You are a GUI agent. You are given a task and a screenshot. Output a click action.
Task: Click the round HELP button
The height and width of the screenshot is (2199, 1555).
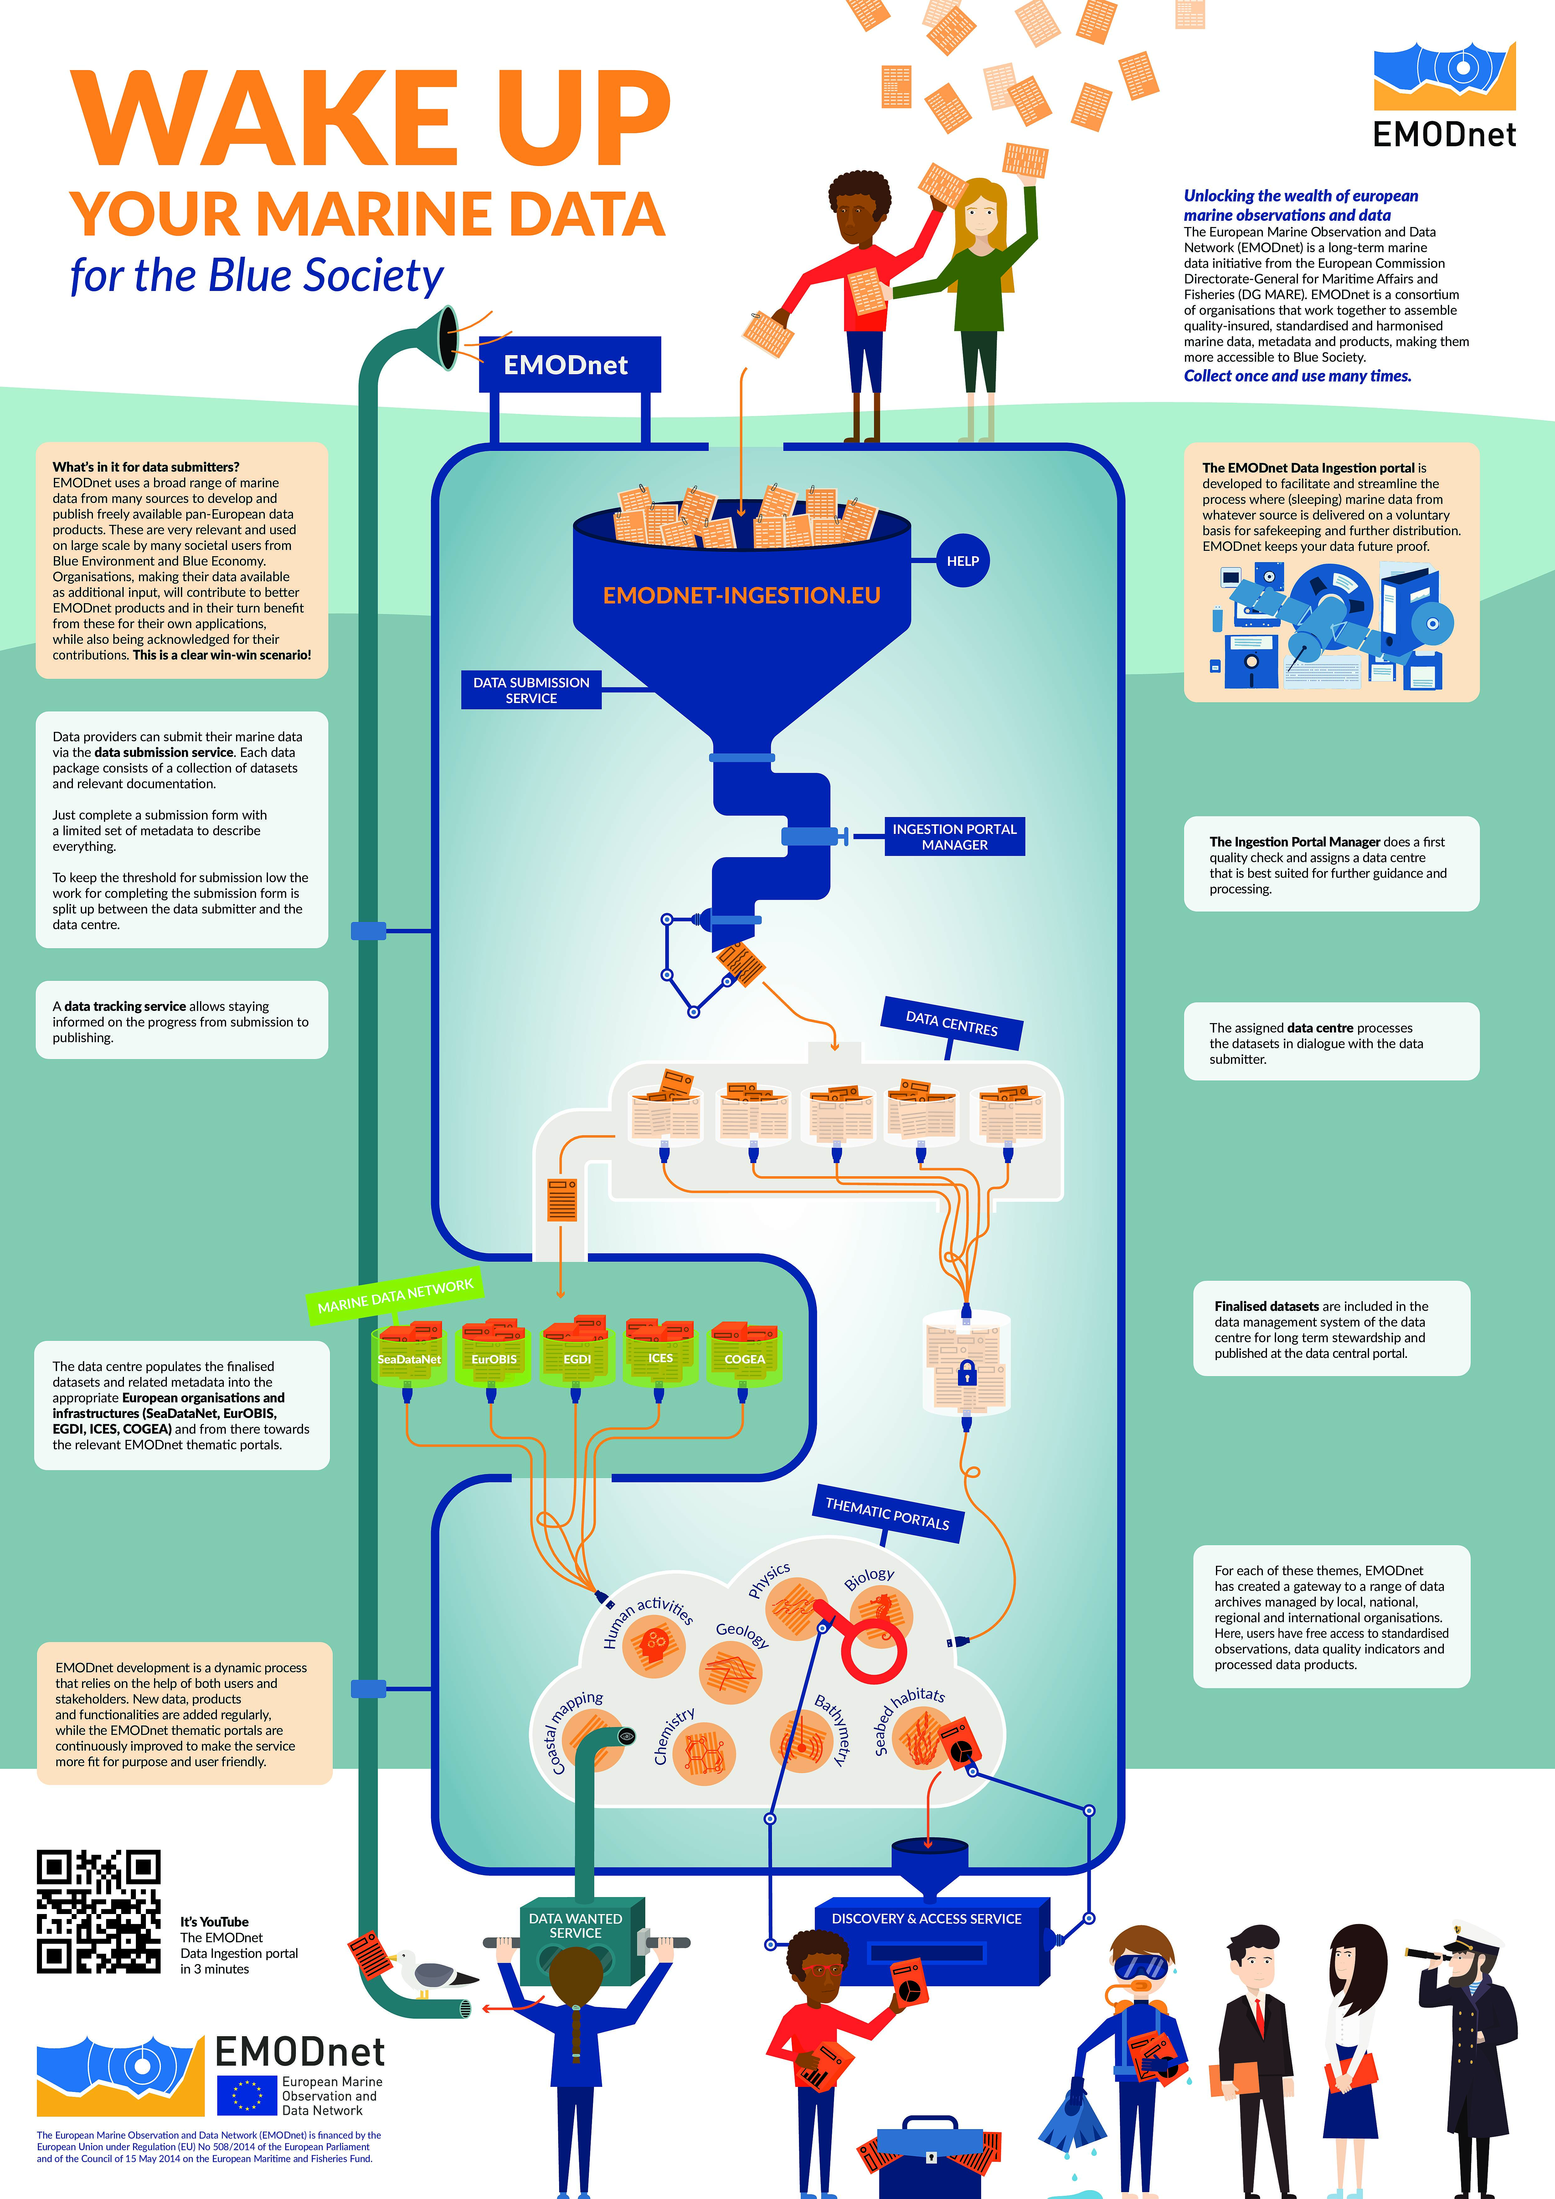coord(962,561)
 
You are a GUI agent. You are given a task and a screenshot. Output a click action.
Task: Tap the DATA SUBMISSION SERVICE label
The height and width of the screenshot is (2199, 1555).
coord(531,690)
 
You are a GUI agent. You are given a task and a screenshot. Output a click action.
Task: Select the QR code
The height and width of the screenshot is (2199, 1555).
coord(99,1911)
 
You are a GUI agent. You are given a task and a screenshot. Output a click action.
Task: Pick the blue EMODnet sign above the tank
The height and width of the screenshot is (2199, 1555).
coord(569,365)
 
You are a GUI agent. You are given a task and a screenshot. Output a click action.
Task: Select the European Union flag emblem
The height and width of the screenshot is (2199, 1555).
coord(246,2095)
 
